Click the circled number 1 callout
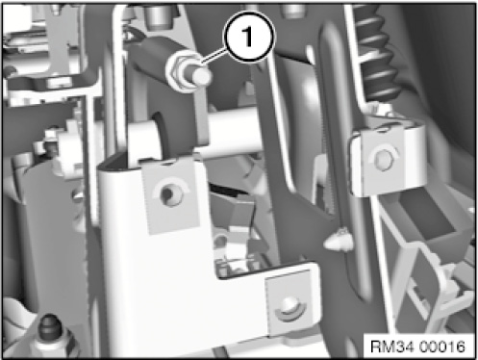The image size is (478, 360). click(x=249, y=37)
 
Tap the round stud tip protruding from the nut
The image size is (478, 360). click(x=202, y=76)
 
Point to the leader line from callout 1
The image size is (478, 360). click(x=214, y=55)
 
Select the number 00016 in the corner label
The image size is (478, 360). click(x=441, y=347)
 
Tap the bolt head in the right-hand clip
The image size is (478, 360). click(x=384, y=160)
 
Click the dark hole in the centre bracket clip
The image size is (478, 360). click(x=169, y=194)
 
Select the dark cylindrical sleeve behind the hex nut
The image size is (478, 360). click(x=150, y=56)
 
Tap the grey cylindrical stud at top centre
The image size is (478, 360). click(x=158, y=16)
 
